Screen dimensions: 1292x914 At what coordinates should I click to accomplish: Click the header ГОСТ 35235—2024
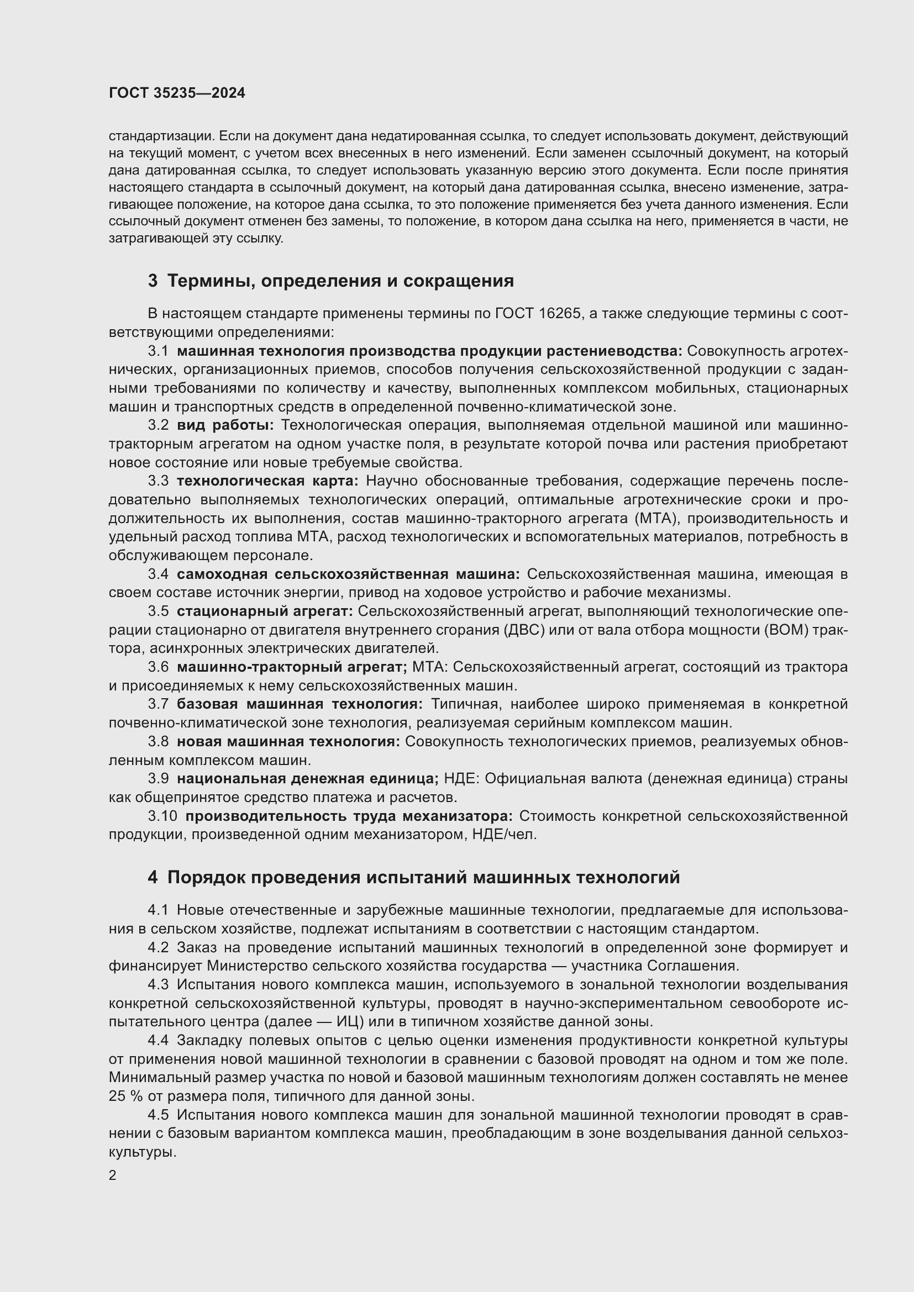[177, 93]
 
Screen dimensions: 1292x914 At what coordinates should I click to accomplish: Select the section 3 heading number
[153, 281]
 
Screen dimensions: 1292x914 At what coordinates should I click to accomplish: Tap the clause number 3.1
[158, 351]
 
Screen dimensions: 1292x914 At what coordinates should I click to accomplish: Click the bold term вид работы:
[225, 425]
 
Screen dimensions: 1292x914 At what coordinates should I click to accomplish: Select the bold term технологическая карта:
[267, 481]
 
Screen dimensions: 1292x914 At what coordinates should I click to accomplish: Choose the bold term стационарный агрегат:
[265, 611]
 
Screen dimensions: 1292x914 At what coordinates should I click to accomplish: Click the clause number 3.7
[158, 704]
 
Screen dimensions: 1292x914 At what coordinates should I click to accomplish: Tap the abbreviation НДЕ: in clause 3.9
[461, 779]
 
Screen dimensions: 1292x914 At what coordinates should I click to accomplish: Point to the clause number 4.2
[158, 948]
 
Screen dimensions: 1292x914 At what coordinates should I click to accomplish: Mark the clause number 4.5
[158, 1115]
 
